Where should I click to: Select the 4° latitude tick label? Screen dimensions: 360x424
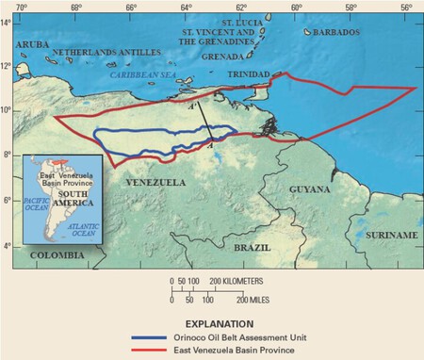point(9,246)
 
